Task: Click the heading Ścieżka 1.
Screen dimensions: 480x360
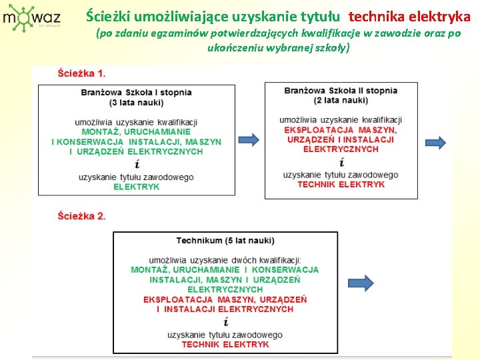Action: tap(81, 73)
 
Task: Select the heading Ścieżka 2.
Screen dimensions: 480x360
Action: tap(81, 216)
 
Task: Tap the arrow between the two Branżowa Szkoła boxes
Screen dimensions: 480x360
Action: tap(249, 140)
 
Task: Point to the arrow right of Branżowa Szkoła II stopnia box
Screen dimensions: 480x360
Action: tap(435, 142)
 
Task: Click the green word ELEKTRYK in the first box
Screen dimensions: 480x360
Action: tap(137, 187)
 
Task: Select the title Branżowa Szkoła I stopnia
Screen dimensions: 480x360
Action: tap(137, 93)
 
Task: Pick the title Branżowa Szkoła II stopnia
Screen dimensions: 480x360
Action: tap(341, 91)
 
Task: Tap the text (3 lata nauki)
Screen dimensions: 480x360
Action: tap(137, 103)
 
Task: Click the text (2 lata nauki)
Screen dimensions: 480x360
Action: tap(341, 101)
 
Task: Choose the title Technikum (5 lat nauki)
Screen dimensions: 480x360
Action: tap(225, 240)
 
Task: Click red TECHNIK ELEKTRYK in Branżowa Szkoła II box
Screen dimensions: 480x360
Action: tap(341, 185)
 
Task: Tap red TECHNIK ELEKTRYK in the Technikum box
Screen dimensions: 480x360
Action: tap(225, 345)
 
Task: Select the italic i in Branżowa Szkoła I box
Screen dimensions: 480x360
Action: tap(137, 164)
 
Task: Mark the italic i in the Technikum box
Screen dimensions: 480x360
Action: tap(225, 322)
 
